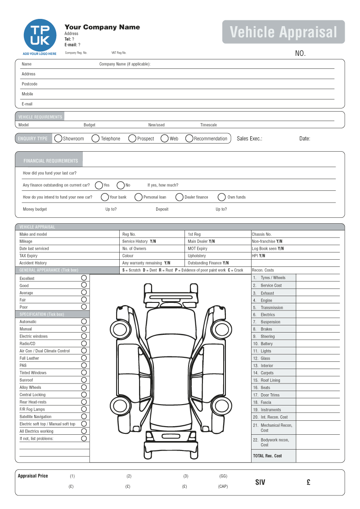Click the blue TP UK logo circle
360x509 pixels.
click(40, 35)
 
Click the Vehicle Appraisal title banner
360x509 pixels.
click(283, 32)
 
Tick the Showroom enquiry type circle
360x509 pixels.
click(58, 139)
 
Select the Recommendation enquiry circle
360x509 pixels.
click(189, 139)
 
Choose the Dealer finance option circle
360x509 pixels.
click(180, 197)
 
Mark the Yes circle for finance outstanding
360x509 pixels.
click(99, 185)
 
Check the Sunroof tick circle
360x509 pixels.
click(84, 380)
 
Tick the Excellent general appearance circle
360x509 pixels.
click(84, 278)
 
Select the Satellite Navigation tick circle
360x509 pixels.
click(84, 416)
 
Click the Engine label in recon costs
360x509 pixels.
click(266, 300)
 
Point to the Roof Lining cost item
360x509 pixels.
click(270, 380)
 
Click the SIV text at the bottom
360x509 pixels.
click(260, 482)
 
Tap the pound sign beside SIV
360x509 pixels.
click(308, 482)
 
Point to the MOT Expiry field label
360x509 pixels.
click(198, 249)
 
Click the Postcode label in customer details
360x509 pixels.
click(29, 84)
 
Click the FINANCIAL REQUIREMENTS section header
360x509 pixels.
click(50, 161)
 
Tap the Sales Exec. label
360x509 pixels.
click(249, 139)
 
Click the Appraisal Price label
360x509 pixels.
click(33, 476)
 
